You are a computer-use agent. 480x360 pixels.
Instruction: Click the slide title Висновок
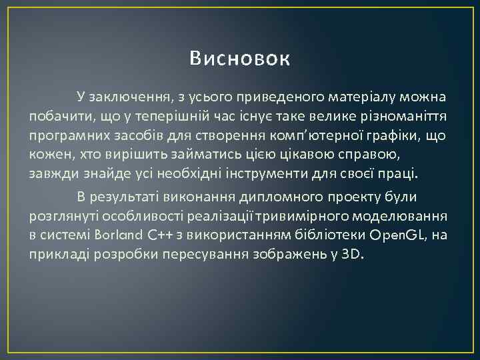(x=239, y=59)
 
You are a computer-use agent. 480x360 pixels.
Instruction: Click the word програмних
(x=67, y=136)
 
